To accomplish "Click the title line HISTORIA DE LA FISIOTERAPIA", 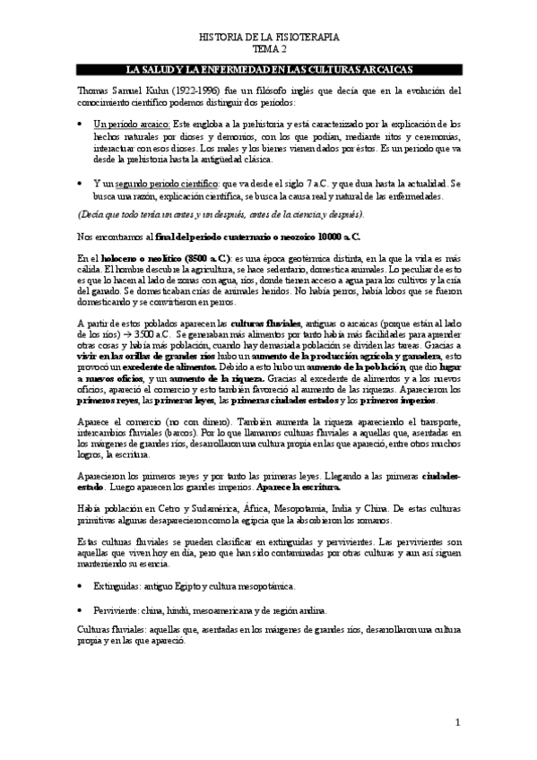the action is pyautogui.click(x=268, y=39).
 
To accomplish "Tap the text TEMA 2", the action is pyautogui.click(x=268, y=52).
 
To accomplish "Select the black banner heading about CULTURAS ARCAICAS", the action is pyautogui.click(x=268, y=70).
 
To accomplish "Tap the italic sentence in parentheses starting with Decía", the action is pyautogui.click(x=220, y=215).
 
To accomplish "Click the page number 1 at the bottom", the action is pyautogui.click(x=456, y=721).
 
